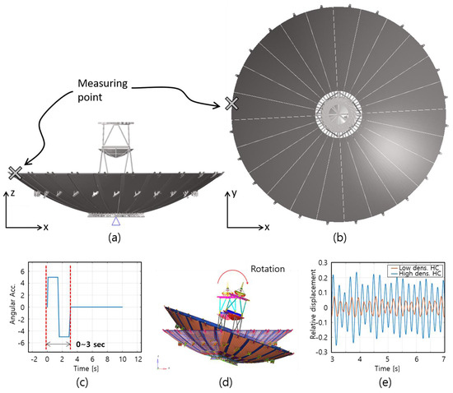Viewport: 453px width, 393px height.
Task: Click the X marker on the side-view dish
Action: coord(15,173)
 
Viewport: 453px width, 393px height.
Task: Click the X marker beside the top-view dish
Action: coord(231,104)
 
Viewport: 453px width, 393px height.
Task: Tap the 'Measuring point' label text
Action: coord(103,90)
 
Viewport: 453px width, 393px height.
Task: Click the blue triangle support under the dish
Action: coord(116,221)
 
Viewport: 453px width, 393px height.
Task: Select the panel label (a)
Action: coord(114,238)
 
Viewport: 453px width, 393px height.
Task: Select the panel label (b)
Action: coord(339,238)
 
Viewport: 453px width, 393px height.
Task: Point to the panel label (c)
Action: coord(82,382)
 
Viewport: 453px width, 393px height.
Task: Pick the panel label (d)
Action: coord(226,382)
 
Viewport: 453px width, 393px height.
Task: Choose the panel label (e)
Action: coord(385,382)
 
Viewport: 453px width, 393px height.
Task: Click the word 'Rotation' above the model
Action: coord(268,269)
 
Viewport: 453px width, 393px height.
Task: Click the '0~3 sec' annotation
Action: coord(91,344)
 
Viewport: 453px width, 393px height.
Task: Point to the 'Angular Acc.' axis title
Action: coord(12,306)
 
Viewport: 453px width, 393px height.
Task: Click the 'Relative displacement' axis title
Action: coord(313,304)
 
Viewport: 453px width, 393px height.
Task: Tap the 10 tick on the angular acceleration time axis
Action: coord(123,359)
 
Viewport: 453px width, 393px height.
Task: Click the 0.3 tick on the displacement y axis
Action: coord(323,262)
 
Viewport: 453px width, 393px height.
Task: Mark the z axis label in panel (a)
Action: coord(12,192)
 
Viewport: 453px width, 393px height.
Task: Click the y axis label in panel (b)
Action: coord(234,193)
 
